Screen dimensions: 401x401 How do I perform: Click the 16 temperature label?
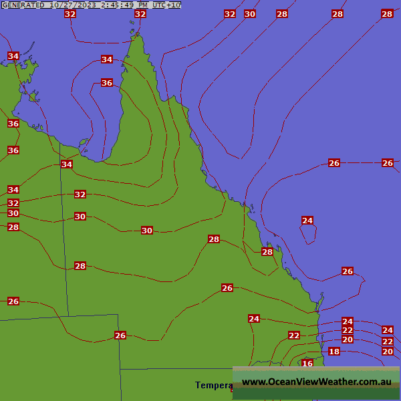[x=307, y=364]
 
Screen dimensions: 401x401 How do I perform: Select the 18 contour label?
[x=334, y=352]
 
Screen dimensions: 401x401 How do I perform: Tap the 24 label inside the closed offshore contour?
[x=307, y=221]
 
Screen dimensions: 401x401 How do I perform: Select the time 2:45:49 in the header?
[x=116, y=5]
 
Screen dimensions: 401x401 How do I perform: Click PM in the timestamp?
[x=142, y=5]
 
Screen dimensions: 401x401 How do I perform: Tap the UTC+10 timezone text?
[x=166, y=5]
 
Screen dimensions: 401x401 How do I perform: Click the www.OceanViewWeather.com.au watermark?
[x=316, y=382]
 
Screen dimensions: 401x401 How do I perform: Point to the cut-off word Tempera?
[x=214, y=385]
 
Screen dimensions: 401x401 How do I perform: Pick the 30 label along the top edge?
[x=250, y=14]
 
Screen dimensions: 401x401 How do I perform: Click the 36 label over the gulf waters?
[x=107, y=83]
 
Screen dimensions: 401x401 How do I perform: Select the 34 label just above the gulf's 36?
[x=107, y=59]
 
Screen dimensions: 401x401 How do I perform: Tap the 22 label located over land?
[x=294, y=336]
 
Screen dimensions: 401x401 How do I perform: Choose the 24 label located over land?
[x=254, y=319]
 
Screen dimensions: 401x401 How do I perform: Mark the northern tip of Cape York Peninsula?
[x=137, y=35]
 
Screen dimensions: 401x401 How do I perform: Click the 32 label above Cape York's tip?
[x=140, y=14]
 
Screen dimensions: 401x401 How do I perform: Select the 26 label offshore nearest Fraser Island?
[x=348, y=271]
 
